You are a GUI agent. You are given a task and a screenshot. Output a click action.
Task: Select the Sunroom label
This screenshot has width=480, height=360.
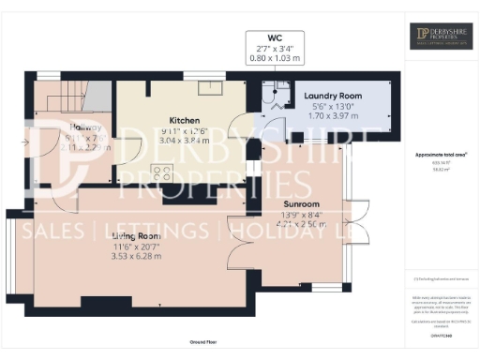pos(303,203)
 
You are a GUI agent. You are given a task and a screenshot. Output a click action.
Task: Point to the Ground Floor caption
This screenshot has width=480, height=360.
pos(202,344)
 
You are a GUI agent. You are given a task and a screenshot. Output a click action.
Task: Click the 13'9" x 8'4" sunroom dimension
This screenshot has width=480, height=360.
pos(303,215)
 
